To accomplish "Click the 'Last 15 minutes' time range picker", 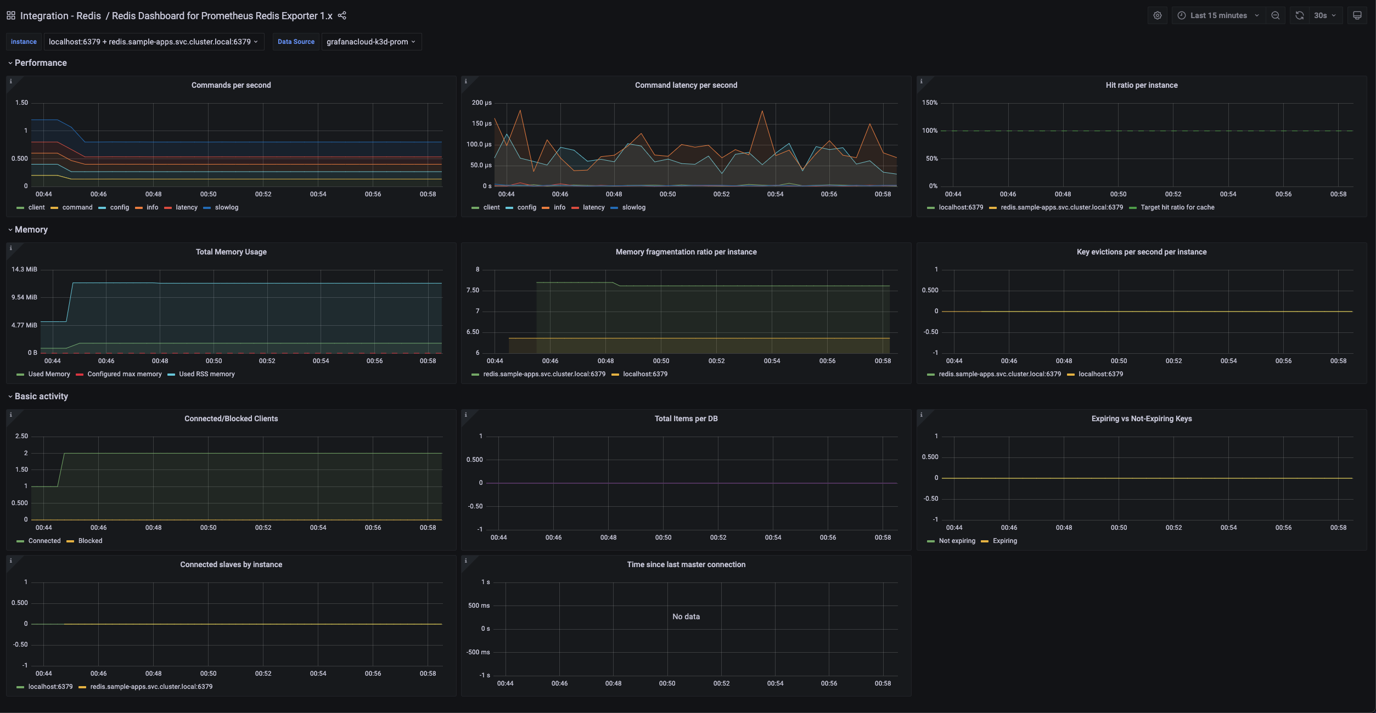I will click(1217, 15).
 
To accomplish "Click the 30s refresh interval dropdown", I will click(1324, 15).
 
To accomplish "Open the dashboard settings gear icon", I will click(1157, 15).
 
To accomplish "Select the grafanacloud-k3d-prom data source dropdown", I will click(371, 42).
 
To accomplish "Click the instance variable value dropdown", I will click(153, 42).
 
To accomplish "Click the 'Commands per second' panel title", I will click(231, 85).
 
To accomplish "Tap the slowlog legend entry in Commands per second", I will click(226, 207).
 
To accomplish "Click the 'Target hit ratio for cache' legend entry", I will click(1177, 207).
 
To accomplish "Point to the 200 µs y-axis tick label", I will click(481, 103).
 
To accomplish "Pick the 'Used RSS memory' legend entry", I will click(206, 374).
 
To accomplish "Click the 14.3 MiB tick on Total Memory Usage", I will click(24, 269).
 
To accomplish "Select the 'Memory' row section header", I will click(31, 230).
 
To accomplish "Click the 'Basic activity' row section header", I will click(41, 397).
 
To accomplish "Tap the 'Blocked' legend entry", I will click(90, 541).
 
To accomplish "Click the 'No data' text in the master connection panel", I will click(686, 616).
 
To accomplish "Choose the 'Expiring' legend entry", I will click(1004, 541).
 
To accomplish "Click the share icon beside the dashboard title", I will click(342, 15).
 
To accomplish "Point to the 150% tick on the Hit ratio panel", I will click(929, 103).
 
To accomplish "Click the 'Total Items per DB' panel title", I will click(686, 418).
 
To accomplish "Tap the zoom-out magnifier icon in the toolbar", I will click(1275, 15).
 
